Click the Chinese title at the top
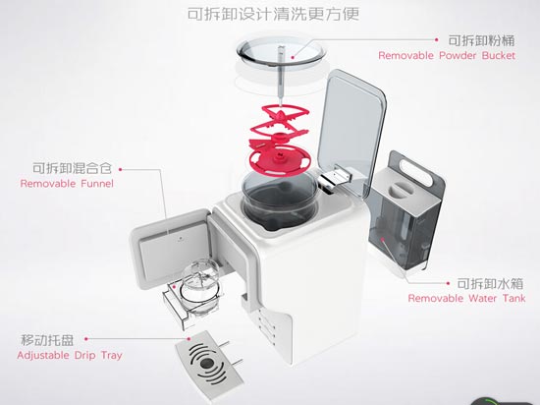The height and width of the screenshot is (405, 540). pos(269,16)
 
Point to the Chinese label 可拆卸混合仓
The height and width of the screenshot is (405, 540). pos(65,167)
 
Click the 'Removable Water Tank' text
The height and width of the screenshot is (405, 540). pos(467,298)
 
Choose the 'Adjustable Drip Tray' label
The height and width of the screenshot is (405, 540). pos(69,355)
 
